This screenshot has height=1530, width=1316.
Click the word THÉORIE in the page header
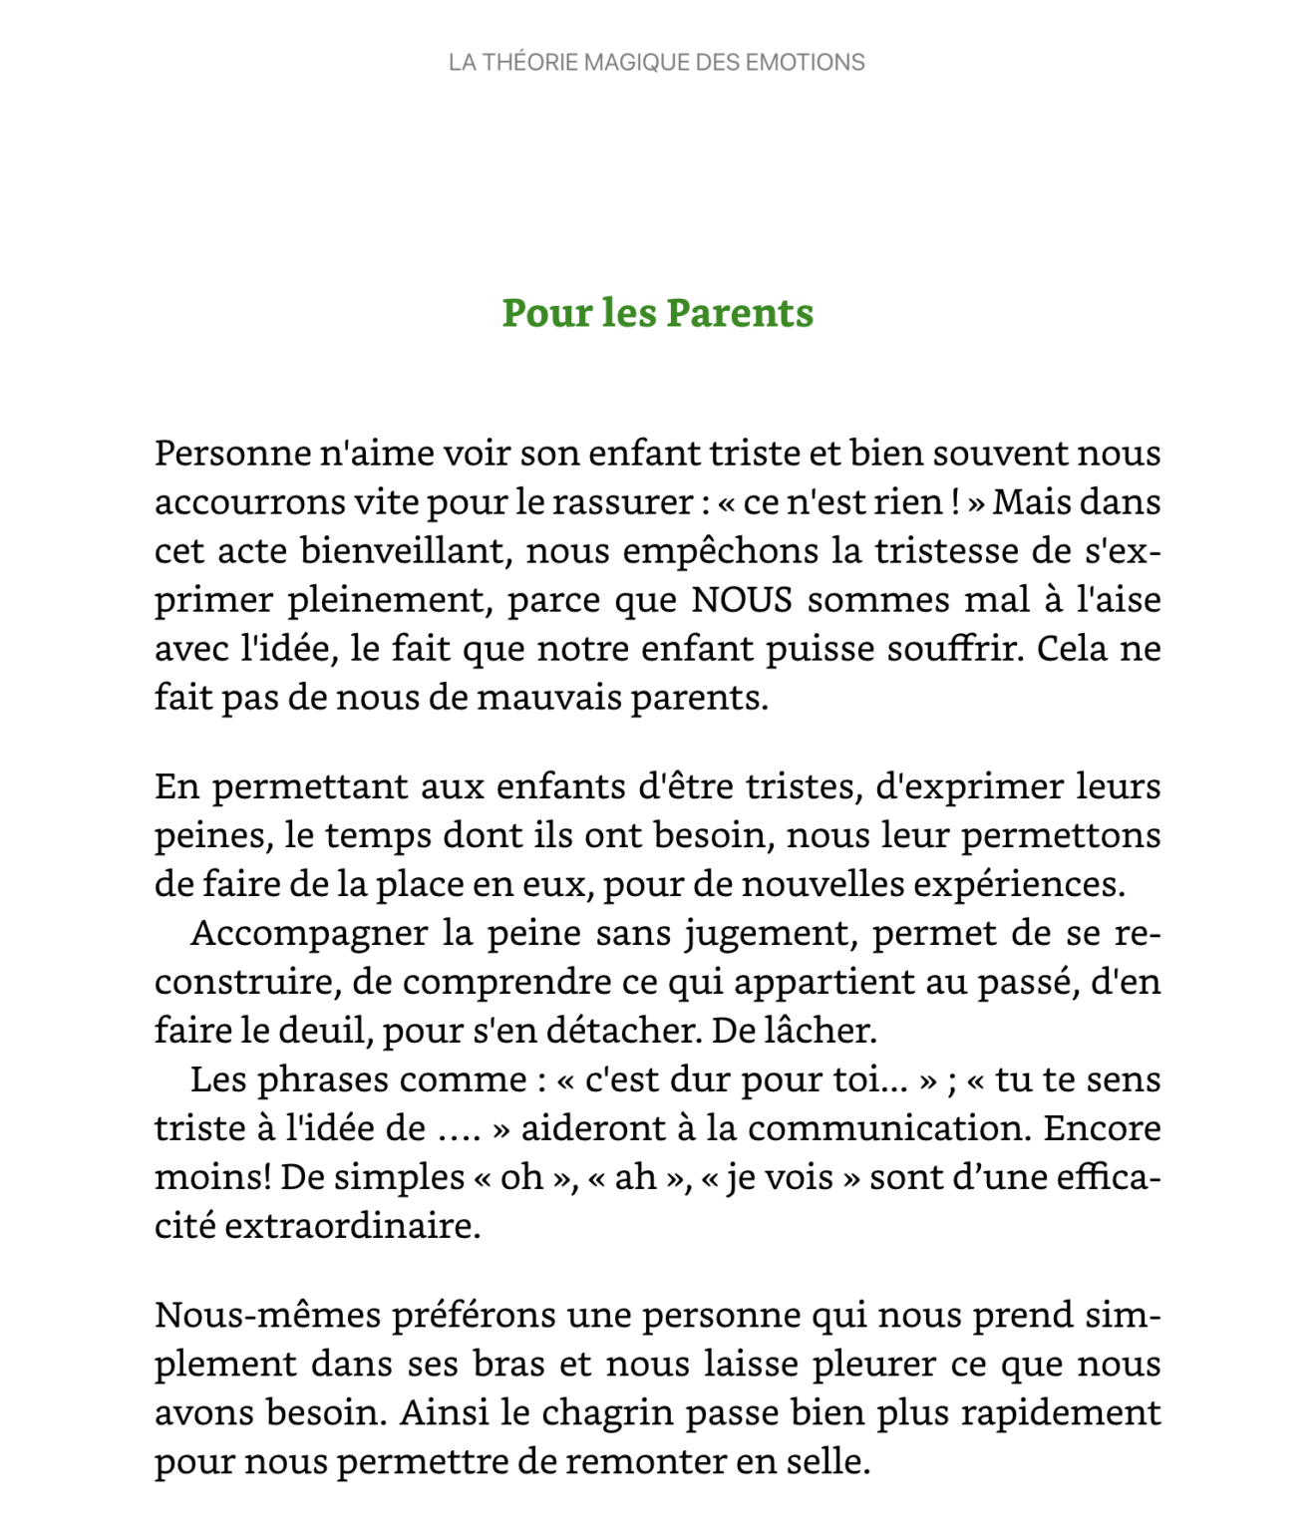pyautogui.click(x=530, y=63)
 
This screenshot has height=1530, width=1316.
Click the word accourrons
pyautogui.click(x=249, y=502)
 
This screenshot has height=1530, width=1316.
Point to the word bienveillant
pyautogui.click(x=406, y=551)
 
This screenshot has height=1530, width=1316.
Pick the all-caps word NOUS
pyautogui.click(x=742, y=600)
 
